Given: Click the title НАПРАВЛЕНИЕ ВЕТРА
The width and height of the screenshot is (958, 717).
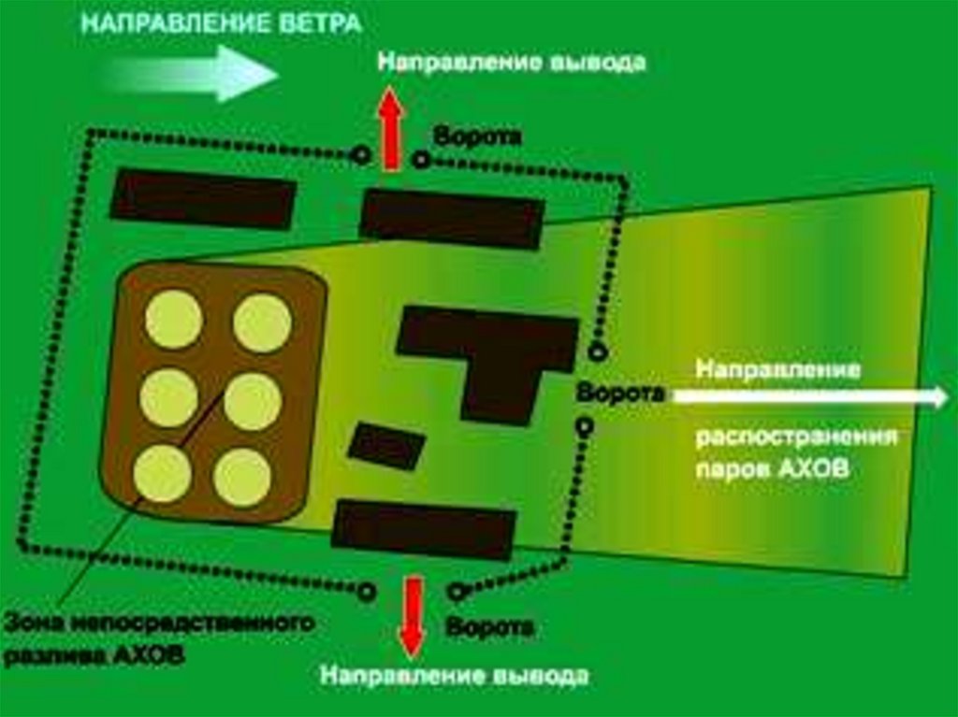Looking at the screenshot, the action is point(221,23).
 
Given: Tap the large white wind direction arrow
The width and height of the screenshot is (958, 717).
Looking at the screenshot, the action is point(196,74).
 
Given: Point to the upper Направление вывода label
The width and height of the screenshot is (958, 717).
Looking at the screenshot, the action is point(511,64).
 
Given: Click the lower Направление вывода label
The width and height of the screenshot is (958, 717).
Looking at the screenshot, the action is point(455,676).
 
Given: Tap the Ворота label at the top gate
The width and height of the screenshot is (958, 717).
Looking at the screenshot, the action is point(476,136).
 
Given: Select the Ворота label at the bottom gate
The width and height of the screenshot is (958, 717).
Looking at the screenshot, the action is point(490,625).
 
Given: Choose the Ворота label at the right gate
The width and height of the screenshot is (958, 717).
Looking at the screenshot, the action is point(620,394).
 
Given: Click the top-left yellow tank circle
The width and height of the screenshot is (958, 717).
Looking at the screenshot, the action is point(174,319).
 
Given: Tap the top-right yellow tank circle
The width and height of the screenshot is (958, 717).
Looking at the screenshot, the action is point(262,323).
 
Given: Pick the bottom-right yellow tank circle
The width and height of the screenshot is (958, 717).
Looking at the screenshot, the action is point(242,477).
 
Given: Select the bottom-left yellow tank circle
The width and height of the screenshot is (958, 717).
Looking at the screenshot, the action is point(162,473).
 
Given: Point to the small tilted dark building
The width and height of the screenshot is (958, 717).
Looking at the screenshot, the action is point(385,446).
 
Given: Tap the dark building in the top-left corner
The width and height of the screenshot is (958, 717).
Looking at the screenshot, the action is point(203,198).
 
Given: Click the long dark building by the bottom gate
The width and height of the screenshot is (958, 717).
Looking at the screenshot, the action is point(424,529).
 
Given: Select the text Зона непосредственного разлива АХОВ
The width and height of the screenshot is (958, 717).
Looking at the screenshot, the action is point(157,638).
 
